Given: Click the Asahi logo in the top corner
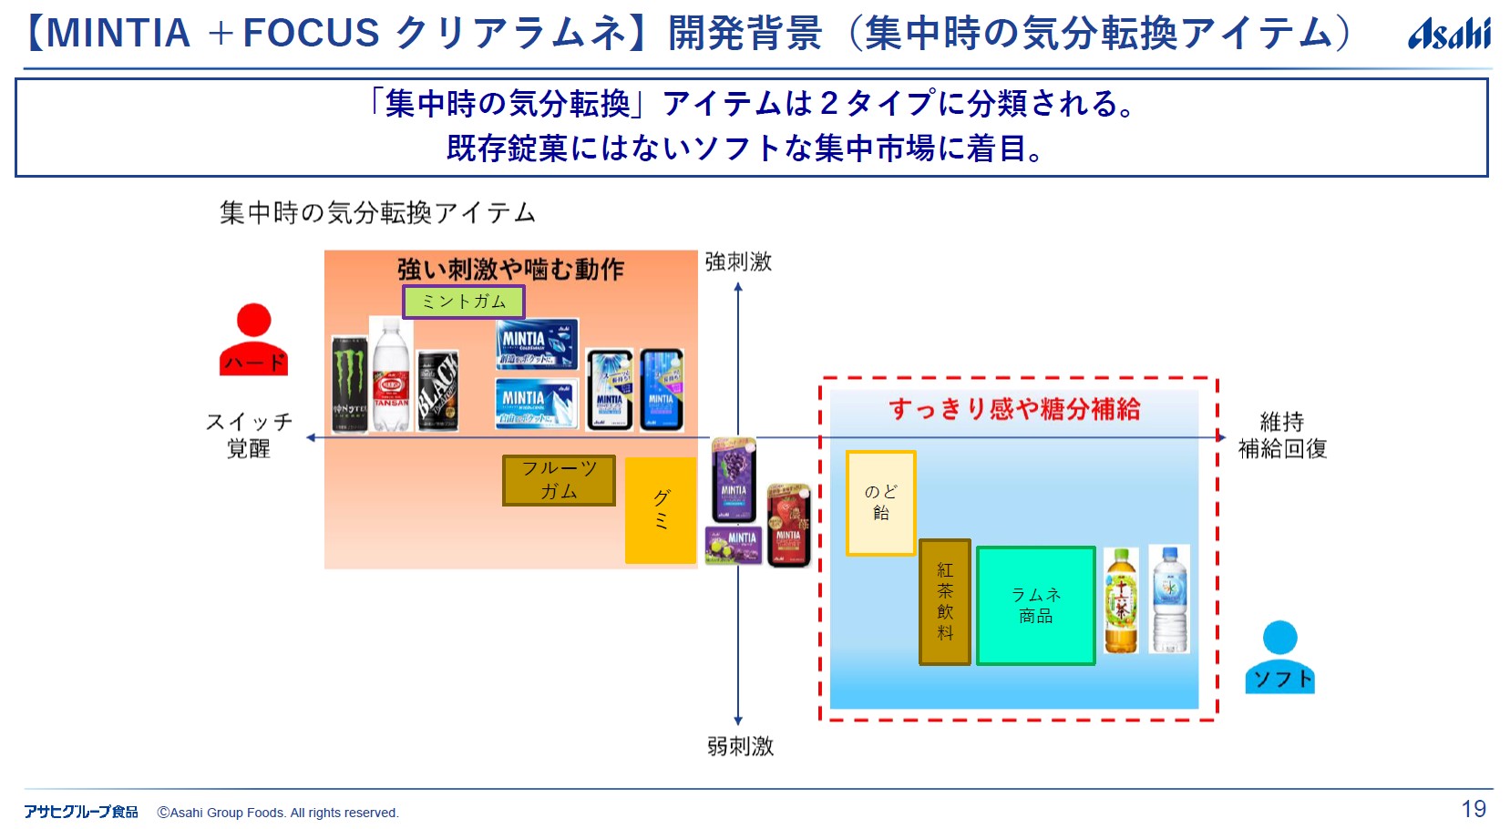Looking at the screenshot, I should point(1449,35).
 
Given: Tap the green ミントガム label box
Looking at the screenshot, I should point(464,302).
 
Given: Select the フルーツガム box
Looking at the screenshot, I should point(559,480).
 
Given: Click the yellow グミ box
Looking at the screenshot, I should point(661,510).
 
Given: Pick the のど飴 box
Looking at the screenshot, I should point(880,503).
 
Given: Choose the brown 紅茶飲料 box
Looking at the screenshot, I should point(945,601).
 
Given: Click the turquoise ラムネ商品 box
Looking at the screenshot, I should point(1036,606).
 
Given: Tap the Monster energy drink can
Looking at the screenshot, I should point(350,384).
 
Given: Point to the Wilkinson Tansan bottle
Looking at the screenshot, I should point(391,374).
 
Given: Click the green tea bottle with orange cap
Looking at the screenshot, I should point(1121,600).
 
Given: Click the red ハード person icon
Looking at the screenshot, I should point(253,340).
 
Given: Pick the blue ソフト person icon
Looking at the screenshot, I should point(1280,658).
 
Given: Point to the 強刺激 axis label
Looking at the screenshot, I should point(738,262).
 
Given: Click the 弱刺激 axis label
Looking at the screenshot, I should point(740,747).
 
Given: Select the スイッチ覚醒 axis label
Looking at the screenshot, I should point(249,435).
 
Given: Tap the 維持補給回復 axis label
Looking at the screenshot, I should point(1282,435).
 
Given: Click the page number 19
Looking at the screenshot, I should point(1474,809).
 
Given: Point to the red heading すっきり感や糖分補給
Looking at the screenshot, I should point(1014,409).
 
